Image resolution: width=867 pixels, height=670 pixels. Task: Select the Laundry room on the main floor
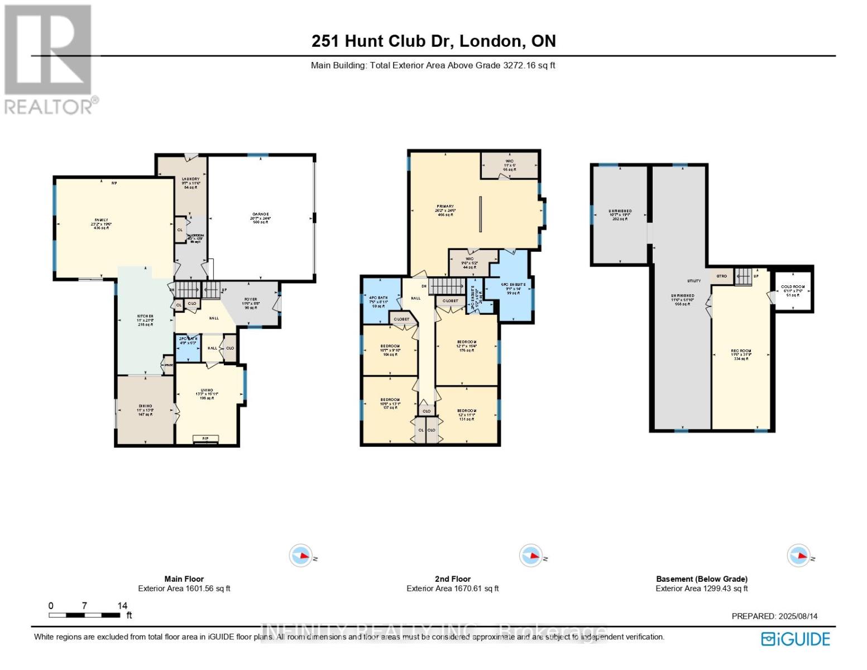190,183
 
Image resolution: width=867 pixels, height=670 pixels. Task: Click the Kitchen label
145,319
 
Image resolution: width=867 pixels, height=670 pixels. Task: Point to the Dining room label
145,410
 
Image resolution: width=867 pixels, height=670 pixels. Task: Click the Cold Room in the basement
792,290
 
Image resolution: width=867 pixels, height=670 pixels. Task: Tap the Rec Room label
741,355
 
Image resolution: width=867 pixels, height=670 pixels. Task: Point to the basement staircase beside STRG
743,276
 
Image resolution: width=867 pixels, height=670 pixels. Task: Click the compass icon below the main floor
301,556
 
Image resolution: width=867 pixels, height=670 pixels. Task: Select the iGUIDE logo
796,639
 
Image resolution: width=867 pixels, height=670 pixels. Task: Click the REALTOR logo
49,59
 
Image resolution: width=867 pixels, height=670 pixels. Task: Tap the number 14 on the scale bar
122,605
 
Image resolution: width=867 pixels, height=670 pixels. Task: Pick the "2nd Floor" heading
452,579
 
